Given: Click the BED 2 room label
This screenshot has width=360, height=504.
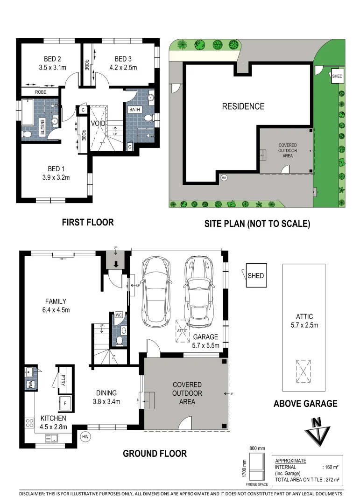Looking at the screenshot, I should (53, 59).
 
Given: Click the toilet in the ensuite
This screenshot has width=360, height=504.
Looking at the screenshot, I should (27, 134).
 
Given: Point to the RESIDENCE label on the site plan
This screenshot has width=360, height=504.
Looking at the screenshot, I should (243, 106).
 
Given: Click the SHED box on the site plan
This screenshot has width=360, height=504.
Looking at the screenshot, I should (337, 76).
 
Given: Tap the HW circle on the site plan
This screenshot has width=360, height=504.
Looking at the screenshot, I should (224, 177).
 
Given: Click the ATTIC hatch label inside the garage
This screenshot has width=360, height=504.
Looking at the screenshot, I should (182, 330).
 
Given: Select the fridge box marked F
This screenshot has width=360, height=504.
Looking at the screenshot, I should (65, 401).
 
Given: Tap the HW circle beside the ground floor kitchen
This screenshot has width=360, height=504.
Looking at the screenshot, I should (85, 437).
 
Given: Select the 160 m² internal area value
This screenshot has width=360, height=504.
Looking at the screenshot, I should (330, 467).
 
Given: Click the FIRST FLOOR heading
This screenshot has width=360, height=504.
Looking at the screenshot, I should (88, 222).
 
